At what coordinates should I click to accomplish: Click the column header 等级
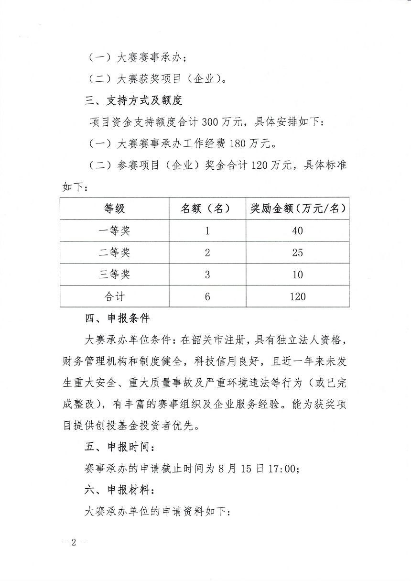point(115,209)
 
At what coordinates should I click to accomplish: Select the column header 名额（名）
point(207,209)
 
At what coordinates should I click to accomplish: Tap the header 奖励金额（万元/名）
point(297,209)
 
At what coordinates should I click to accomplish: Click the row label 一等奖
point(115,231)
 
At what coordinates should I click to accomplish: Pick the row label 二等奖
point(115,252)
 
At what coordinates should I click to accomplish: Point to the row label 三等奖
point(115,274)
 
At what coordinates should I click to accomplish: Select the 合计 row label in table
point(115,296)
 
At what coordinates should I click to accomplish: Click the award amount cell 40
point(297,231)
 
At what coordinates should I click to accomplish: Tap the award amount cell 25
point(297,252)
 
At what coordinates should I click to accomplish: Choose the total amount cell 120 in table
point(297,296)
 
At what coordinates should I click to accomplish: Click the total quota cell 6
point(207,296)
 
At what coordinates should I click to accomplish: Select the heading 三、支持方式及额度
point(133,101)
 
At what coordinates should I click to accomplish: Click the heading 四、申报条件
point(117,318)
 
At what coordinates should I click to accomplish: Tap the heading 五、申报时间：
point(119,447)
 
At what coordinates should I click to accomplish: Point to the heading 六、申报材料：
point(119,490)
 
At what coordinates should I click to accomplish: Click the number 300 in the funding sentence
point(210,122)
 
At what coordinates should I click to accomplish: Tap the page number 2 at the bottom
point(74,543)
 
